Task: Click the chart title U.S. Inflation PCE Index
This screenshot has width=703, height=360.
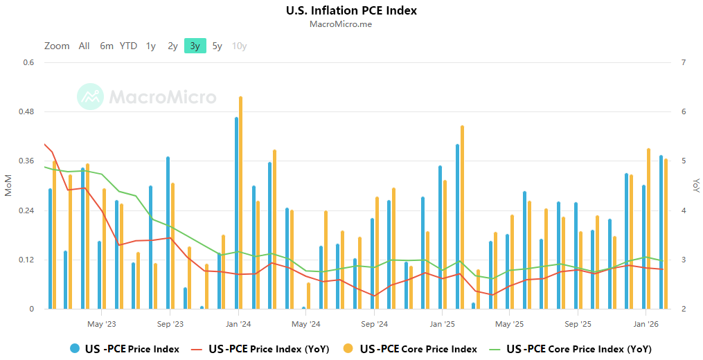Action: pos(351,10)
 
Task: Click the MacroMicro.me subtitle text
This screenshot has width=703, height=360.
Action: pos(351,24)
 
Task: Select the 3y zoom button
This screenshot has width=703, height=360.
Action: pos(195,46)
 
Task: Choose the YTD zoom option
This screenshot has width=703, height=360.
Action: pos(128,46)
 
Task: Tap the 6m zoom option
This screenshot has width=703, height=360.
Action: pos(106,46)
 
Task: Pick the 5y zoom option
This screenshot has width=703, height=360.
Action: pos(217,46)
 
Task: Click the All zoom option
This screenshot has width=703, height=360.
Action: pos(84,46)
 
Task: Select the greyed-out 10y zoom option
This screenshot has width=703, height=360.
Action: pos(240,46)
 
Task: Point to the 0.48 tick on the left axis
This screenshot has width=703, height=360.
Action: pos(26,112)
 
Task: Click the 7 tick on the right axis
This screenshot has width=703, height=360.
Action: pos(684,63)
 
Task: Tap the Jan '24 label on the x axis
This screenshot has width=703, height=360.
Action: pos(238,324)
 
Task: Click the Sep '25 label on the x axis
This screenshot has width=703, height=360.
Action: pos(578,324)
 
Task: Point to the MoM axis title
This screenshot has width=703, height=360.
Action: pos(8,186)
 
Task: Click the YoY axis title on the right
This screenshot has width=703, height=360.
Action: pos(695,186)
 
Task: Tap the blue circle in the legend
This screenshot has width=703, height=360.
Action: pos(75,349)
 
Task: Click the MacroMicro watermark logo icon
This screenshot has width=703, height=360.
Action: pos(90,97)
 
